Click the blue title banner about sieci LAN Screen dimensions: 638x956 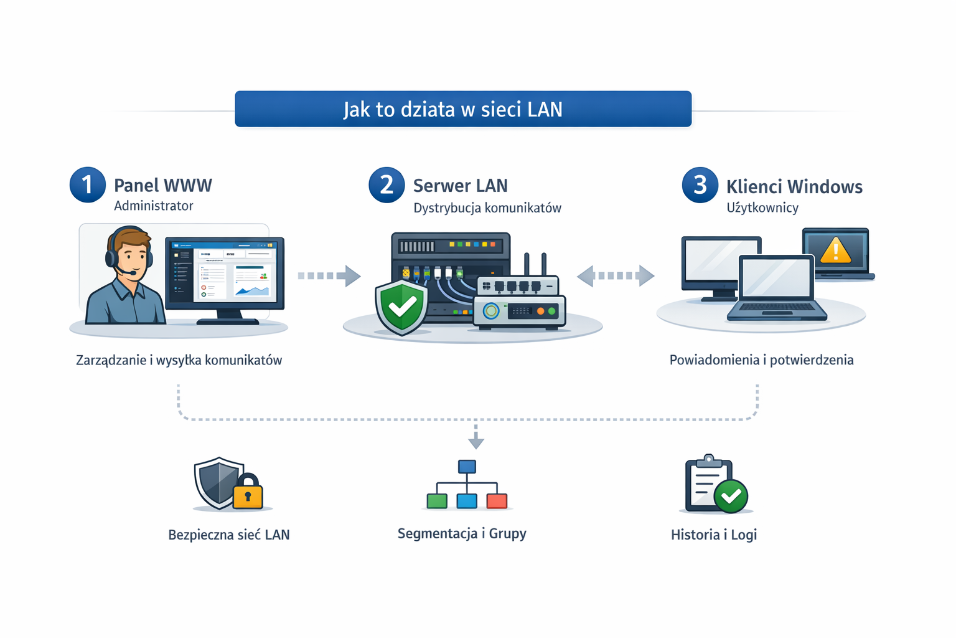[x=463, y=109]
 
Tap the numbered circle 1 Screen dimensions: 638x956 [x=87, y=185]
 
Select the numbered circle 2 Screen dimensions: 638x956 [x=387, y=185]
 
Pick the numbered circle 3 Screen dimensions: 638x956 [x=700, y=185]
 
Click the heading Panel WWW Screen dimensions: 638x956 [x=163, y=186]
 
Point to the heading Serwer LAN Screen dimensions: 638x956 [x=460, y=186]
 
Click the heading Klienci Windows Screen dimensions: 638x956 [x=794, y=187]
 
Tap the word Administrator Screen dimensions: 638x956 [x=153, y=206]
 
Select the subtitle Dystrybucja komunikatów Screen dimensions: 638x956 [x=487, y=208]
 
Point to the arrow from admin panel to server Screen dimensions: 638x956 [x=329, y=275]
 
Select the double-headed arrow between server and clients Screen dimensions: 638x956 [x=615, y=275]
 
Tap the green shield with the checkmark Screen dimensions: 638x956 [x=401, y=307]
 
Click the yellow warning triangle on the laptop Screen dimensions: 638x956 [x=835, y=250]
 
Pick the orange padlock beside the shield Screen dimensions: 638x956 [x=248, y=493]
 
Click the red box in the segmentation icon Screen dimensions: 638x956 [x=497, y=500]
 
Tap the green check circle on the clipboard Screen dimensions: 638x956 [x=731, y=496]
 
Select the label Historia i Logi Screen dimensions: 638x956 [x=713, y=535]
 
